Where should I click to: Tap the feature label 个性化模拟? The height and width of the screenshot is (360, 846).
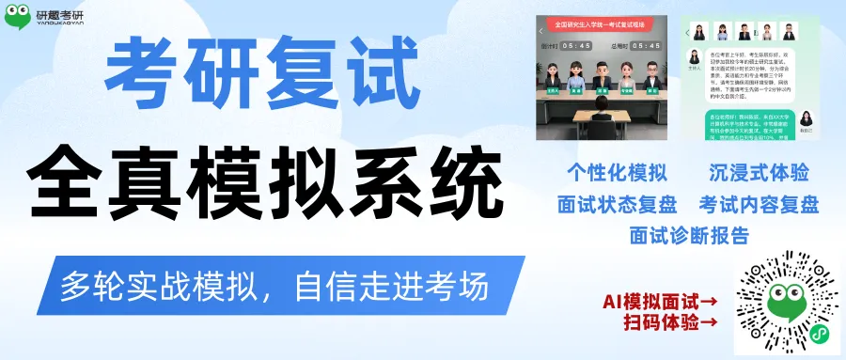(617, 172)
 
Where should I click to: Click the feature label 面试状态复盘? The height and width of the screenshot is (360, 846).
(617, 203)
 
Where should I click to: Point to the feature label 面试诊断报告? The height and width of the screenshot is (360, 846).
(689, 234)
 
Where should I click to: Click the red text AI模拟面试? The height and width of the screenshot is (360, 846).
(661, 302)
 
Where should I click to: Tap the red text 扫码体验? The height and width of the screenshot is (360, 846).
(670, 322)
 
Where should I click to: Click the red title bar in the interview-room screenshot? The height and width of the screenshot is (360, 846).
(606, 22)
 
